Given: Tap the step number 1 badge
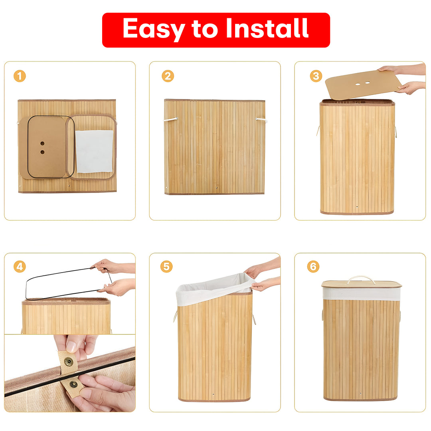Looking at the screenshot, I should point(20,76).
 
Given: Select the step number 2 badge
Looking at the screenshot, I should point(168,76).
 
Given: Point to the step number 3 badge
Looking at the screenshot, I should point(316,76).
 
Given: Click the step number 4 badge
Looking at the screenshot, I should point(20,267).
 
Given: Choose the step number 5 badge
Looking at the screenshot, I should point(166,267).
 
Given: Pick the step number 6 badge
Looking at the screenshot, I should point(313,267).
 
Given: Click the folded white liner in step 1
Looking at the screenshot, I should point(94,151).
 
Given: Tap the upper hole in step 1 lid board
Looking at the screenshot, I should point(42,143).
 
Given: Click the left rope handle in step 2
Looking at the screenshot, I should point(171,119).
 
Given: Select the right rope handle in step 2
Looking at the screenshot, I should point(261,119).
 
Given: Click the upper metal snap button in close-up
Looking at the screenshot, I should point(69,362).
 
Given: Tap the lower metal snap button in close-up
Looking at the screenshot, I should point(73,385).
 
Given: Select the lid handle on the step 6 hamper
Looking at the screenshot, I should point(361,279).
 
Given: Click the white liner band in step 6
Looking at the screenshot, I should point(361,294).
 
